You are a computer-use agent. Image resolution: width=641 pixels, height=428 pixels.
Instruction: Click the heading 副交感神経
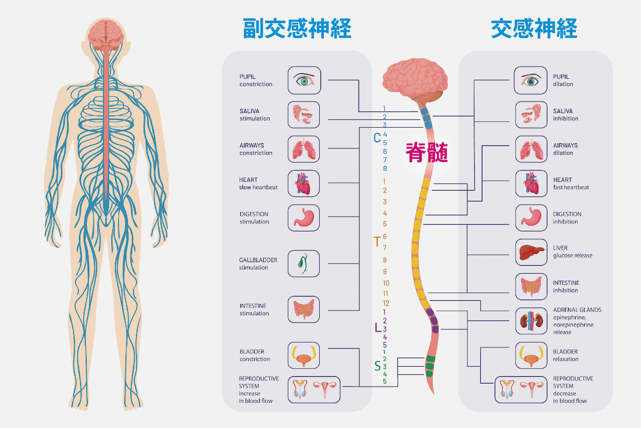click(x=297, y=28)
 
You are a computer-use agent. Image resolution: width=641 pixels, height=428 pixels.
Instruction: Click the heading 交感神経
click(x=534, y=28)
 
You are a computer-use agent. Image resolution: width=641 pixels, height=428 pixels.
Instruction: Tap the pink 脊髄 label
click(x=426, y=152)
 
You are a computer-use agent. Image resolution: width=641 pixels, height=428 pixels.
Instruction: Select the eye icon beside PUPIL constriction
click(x=304, y=81)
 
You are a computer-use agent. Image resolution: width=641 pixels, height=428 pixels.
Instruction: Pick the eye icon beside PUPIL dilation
click(x=530, y=81)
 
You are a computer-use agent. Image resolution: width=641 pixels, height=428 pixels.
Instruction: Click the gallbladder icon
click(x=303, y=264)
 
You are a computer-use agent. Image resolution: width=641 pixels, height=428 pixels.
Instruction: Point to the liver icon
click(x=531, y=252)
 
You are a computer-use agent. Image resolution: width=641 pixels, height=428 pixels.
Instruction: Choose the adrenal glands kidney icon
click(x=531, y=321)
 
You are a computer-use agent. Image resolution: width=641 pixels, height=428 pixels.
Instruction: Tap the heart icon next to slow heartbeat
click(x=303, y=183)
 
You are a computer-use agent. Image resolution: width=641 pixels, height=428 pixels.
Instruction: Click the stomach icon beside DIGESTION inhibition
click(x=531, y=218)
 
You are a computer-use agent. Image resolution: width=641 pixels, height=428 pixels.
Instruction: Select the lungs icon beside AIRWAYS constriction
click(x=303, y=149)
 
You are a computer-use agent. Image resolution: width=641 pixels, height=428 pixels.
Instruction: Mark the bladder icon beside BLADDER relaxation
click(x=531, y=355)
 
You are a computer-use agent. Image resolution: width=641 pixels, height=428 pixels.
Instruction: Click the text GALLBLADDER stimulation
click(x=258, y=264)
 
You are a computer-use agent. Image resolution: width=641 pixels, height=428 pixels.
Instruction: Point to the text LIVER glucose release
click(x=572, y=252)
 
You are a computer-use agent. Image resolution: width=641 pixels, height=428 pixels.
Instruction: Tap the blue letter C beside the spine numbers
click(x=377, y=138)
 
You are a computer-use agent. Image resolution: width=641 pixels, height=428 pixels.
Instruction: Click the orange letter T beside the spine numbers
click(x=377, y=241)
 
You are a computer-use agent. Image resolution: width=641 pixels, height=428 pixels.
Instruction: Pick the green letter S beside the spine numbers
click(x=377, y=366)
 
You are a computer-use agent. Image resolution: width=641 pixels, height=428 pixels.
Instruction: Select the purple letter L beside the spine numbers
click(x=377, y=328)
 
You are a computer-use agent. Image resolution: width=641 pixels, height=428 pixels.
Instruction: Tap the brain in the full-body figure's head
click(x=106, y=32)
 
